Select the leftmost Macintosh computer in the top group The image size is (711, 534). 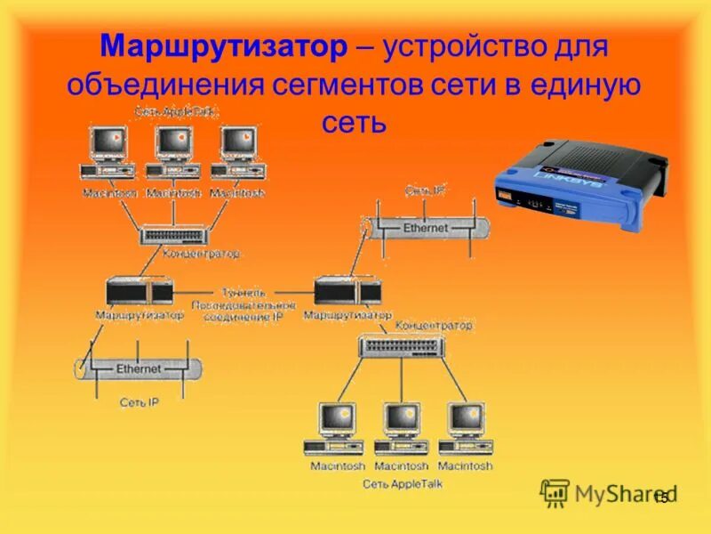[x=109, y=152]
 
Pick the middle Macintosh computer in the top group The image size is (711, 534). [x=174, y=152]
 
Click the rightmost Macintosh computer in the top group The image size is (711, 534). [x=238, y=152]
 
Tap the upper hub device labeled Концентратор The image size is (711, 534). [x=175, y=234]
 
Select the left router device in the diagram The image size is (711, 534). [x=139, y=291]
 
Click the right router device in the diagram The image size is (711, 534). [x=348, y=291]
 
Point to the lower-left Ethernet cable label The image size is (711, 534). [x=139, y=368]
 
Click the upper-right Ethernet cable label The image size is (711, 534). [x=426, y=228]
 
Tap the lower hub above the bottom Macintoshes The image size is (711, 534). [x=401, y=346]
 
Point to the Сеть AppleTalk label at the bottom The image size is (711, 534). [x=402, y=484]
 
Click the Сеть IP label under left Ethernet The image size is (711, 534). [x=139, y=402]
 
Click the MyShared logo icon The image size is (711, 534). [x=555, y=492]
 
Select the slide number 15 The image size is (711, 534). [x=660, y=498]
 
